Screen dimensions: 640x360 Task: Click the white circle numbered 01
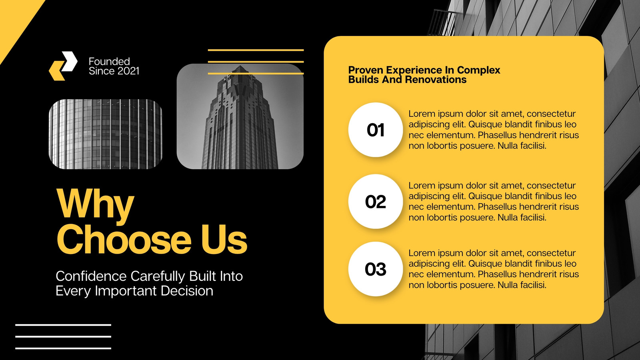pos(376,130)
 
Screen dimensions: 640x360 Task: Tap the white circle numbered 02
pos(376,202)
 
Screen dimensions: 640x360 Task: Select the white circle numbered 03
pos(376,269)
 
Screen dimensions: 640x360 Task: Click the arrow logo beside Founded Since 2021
pos(63,66)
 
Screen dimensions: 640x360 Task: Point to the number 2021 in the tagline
pos(128,71)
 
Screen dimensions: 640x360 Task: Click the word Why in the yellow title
pos(95,204)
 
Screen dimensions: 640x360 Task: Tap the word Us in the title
pos(224,240)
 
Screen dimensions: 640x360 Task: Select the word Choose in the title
pos(124,240)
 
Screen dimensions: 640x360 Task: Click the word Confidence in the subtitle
pos(91,276)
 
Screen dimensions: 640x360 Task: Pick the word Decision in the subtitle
pos(187,291)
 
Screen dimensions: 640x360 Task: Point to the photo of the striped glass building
pos(106,134)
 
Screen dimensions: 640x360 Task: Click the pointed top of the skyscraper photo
pos(240,66)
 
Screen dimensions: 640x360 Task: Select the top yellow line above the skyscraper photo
pos(256,50)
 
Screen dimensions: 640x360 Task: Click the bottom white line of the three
pos(63,348)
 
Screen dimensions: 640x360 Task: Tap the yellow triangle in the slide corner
pos(14,20)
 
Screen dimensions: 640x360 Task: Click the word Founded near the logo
pos(109,62)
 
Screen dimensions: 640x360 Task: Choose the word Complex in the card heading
pos(478,70)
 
